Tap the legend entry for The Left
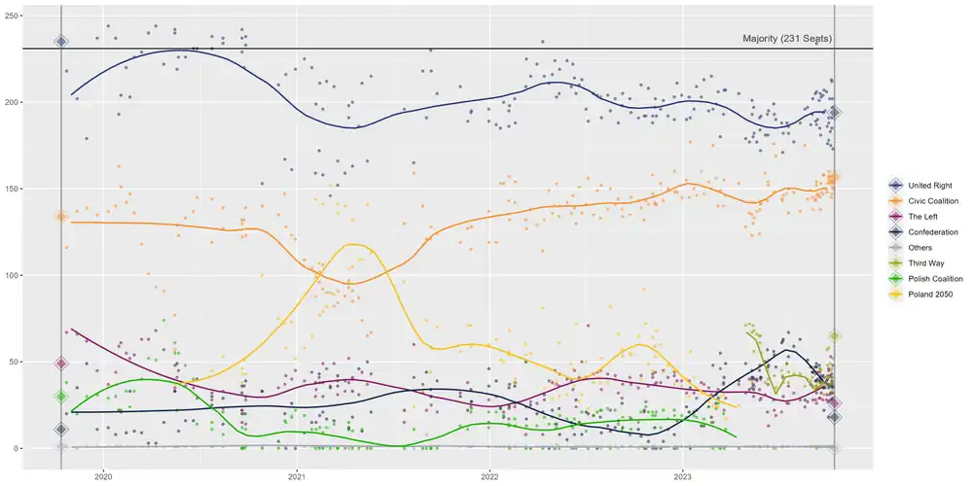point(925,217)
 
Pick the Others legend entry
point(920,248)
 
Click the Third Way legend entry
point(927,263)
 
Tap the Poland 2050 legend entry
point(930,295)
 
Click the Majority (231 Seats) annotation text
point(787,39)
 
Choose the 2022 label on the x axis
point(489,476)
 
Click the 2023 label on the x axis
point(683,476)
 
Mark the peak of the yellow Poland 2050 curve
point(351,244)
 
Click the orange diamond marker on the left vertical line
point(61,217)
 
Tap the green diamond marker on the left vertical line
point(61,397)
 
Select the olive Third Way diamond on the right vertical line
point(834,336)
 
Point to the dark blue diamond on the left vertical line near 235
point(61,41)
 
